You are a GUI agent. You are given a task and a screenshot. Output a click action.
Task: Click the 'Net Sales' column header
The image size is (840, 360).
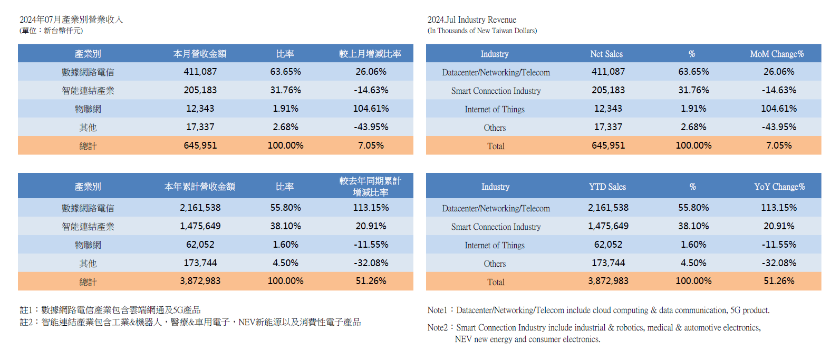tap(606, 54)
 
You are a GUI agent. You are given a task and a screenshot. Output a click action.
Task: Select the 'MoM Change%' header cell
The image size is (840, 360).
tap(777, 54)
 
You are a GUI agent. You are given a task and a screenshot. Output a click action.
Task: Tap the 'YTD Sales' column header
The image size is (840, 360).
tap(607, 187)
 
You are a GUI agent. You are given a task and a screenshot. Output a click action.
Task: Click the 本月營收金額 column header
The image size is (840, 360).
tap(200, 54)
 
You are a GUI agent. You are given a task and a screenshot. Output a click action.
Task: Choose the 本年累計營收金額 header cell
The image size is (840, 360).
tap(200, 187)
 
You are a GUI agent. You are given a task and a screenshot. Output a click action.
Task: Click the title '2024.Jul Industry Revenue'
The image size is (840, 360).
tap(471, 20)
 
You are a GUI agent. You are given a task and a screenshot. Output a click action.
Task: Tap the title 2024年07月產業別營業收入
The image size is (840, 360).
tap(71, 20)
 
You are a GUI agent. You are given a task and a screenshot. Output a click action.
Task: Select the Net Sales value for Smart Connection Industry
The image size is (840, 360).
tap(608, 90)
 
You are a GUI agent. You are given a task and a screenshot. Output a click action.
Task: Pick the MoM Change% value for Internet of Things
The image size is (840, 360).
tap(779, 109)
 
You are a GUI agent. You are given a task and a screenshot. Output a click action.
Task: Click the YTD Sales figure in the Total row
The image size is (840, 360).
tap(608, 281)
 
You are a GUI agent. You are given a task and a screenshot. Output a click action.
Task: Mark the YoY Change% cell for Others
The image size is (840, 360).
tap(779, 262)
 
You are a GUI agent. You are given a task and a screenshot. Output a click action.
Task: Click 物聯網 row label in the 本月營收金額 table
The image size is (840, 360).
tap(88, 109)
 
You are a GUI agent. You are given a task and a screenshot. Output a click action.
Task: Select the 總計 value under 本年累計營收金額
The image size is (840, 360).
tap(200, 281)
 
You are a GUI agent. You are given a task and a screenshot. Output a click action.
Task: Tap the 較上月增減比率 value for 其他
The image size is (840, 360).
tap(371, 127)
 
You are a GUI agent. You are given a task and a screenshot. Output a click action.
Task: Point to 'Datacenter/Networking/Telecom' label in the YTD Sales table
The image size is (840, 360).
tap(496, 208)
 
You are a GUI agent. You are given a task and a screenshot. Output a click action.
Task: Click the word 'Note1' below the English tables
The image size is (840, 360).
tap(437, 310)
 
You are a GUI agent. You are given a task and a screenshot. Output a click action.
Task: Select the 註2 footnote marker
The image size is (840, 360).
tap(26, 322)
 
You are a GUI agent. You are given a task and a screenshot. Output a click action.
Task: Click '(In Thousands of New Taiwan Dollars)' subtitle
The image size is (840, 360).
tap(482, 31)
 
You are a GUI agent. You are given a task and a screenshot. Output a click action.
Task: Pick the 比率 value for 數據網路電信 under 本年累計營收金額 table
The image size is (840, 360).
tap(285, 208)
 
